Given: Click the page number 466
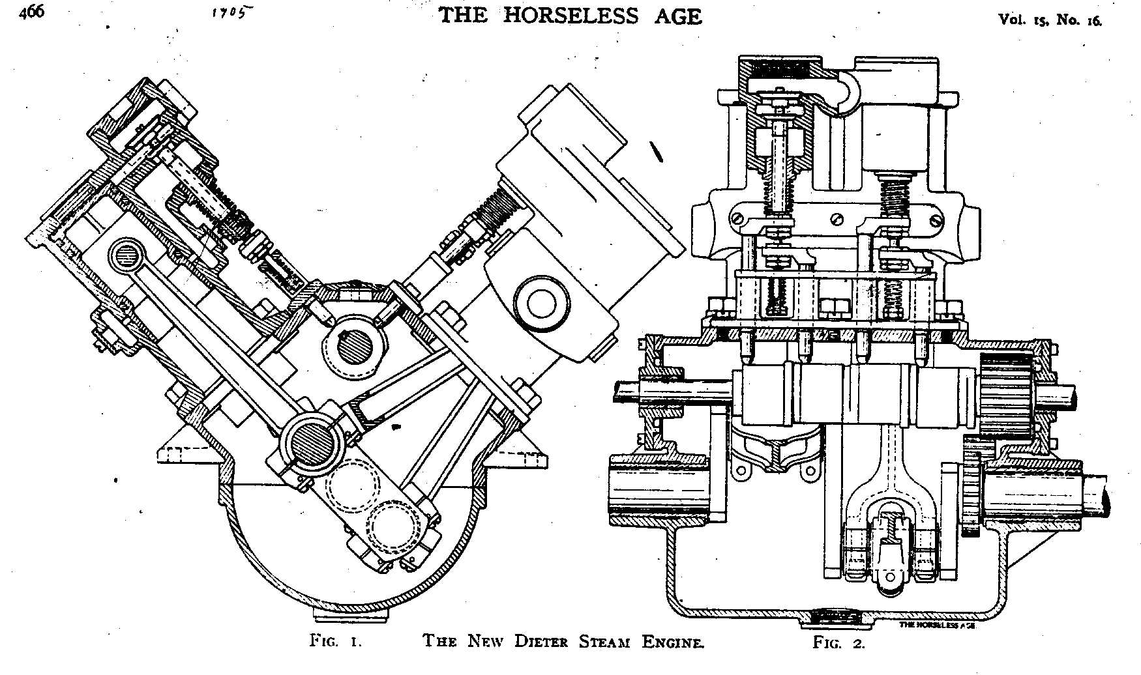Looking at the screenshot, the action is (x=31, y=13).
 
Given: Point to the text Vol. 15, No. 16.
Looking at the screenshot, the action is (x=1050, y=20).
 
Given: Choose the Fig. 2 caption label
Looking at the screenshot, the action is (x=839, y=643).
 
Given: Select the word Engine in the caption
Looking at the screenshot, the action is (x=672, y=642).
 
